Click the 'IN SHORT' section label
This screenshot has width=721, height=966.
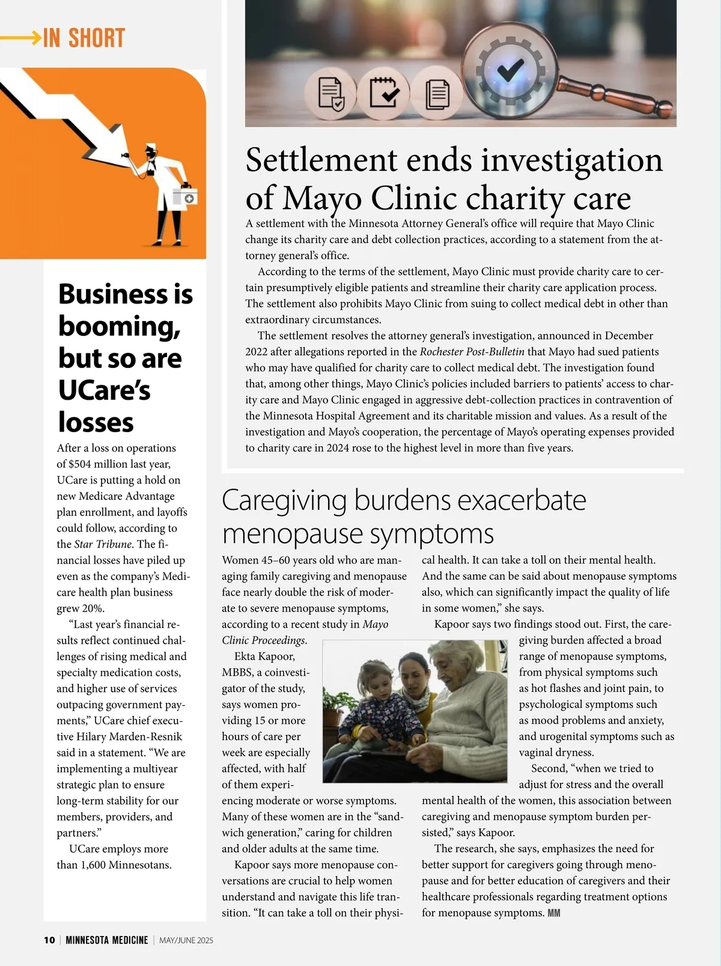[x=84, y=38]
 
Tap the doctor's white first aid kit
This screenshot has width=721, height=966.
[x=185, y=197]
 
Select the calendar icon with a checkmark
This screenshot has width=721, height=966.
[x=383, y=93]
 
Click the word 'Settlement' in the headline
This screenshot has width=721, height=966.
[x=321, y=160]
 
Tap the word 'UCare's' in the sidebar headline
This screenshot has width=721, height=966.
[x=105, y=390]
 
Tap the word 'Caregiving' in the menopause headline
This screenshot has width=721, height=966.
[x=284, y=500]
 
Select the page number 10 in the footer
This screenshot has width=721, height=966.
[x=49, y=940]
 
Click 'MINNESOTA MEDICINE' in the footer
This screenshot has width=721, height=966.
[x=107, y=940]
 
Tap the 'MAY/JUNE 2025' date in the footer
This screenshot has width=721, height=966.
[x=186, y=940]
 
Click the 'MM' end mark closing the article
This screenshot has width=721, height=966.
[x=554, y=913]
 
